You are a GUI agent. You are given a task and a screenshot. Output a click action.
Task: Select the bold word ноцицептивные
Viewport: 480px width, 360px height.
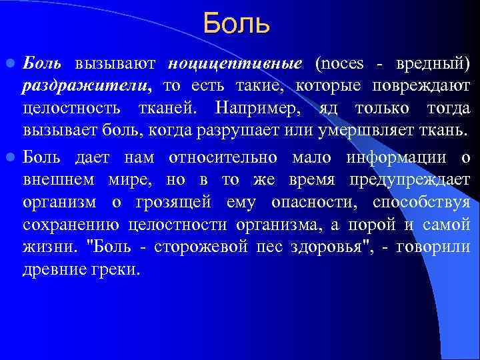click(235, 64)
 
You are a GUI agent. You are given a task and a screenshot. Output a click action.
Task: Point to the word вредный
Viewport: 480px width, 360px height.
click(432, 64)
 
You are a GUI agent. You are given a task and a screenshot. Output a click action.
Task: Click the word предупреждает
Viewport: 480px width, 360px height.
click(415, 179)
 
